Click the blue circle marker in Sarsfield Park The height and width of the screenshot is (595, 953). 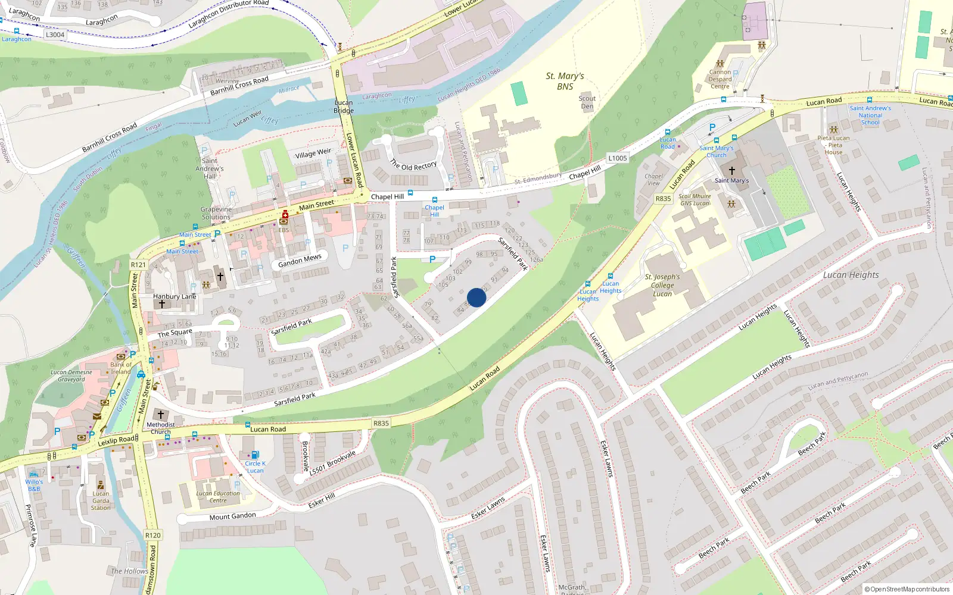click(x=476, y=297)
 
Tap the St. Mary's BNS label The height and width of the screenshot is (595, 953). click(x=565, y=81)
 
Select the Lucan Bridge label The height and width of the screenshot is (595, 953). click(x=344, y=107)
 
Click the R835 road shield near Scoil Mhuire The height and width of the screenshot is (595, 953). click(x=663, y=199)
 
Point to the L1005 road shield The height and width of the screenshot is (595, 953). click(x=618, y=158)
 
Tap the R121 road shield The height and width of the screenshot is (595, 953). click(x=138, y=265)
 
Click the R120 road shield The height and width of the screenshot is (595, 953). click(x=153, y=535)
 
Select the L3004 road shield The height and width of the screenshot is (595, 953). click(x=55, y=35)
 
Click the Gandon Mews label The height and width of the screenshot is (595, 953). click(x=300, y=261)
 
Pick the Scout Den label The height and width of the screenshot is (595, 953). click(x=587, y=102)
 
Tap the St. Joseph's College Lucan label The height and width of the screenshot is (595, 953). click(x=662, y=285)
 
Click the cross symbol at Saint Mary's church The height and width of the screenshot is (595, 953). click(x=732, y=170)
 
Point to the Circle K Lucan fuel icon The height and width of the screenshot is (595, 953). click(x=255, y=455)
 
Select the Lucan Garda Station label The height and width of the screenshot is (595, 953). click(x=101, y=500)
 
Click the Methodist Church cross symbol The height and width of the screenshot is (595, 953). click(x=160, y=414)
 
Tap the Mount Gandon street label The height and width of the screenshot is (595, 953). click(x=232, y=516)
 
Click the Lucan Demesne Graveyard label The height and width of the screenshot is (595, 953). click(x=71, y=375)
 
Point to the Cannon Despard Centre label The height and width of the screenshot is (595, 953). click(x=720, y=79)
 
